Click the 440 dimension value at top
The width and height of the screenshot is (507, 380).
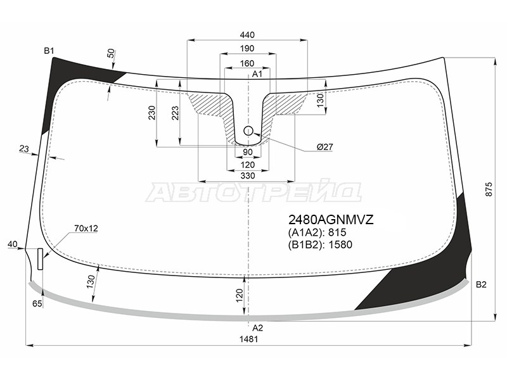tap(247, 35)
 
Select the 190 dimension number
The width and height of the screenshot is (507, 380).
tap(247, 49)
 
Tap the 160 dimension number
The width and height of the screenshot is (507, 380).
tap(247, 63)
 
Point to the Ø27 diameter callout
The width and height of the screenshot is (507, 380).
tap(324, 147)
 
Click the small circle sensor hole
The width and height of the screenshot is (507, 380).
tap(248, 131)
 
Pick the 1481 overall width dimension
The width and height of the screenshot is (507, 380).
tap(248, 339)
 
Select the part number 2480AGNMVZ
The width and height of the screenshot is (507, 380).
tap(331, 220)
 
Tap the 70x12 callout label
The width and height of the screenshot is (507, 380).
tap(86, 229)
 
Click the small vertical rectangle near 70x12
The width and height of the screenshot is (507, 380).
tap(41, 259)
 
